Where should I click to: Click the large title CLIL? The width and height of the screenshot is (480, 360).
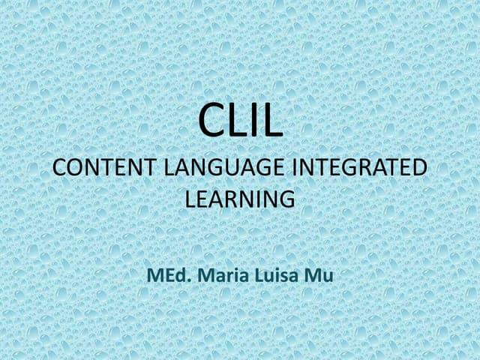click(x=240, y=123)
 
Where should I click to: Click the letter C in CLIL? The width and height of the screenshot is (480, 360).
click(x=210, y=123)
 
